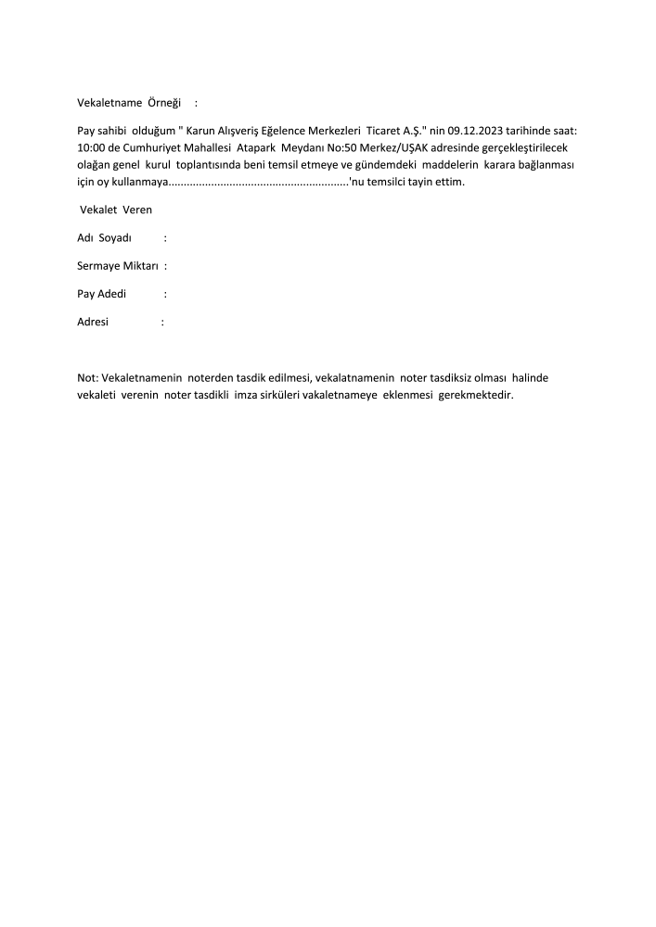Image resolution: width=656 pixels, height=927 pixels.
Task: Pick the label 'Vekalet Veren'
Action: click(x=116, y=210)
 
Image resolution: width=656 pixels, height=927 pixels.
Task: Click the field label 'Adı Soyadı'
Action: click(x=105, y=238)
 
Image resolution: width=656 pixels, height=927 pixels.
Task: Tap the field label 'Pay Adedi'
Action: click(x=102, y=295)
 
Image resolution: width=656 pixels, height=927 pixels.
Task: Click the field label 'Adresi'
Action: click(x=93, y=323)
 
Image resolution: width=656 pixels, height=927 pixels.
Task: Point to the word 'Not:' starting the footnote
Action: click(x=87, y=379)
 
